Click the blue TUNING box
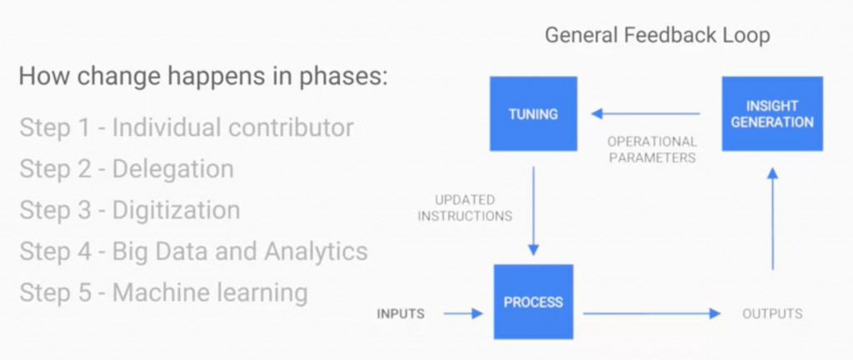click(x=533, y=114)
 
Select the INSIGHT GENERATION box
click(x=772, y=114)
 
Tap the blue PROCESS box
click(x=533, y=302)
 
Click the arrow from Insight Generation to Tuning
click(x=646, y=113)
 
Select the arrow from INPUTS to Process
click(x=463, y=314)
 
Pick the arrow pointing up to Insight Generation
click(x=772, y=217)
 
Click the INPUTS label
click(x=401, y=314)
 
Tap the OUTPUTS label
click(x=772, y=314)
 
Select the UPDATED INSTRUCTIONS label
click(x=465, y=208)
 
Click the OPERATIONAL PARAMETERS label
click(x=651, y=149)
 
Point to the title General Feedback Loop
click(x=657, y=36)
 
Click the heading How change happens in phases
click(x=203, y=77)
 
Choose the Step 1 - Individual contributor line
click(x=187, y=127)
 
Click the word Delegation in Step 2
click(x=173, y=169)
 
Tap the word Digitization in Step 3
click(x=176, y=210)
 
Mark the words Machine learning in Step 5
click(x=210, y=292)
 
